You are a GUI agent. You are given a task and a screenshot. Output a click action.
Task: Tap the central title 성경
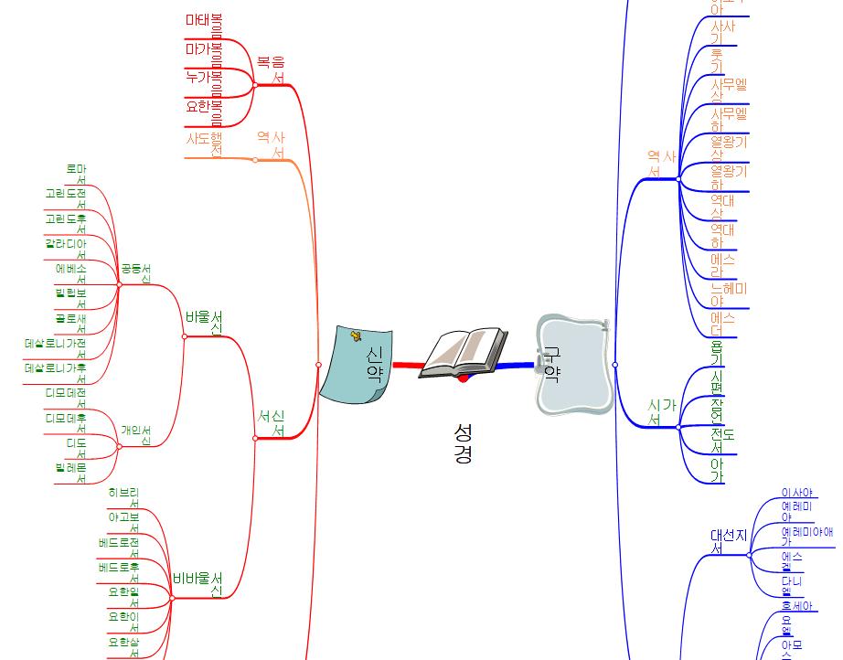(463, 442)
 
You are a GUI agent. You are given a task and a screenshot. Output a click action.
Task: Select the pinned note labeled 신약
(361, 363)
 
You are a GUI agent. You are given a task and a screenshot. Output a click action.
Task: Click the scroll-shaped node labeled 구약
(572, 364)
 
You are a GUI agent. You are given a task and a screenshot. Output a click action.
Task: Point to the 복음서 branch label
(271, 70)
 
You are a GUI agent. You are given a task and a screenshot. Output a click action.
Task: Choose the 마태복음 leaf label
(204, 20)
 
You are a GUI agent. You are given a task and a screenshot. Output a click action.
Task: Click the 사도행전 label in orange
(204, 144)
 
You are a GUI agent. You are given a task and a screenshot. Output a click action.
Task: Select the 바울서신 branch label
(204, 322)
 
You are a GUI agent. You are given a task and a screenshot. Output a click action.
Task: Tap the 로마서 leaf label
(76, 174)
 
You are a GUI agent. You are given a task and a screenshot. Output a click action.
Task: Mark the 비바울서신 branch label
(197, 583)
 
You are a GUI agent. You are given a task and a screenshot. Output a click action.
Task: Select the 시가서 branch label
(661, 410)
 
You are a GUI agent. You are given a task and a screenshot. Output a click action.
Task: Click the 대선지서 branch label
(729, 540)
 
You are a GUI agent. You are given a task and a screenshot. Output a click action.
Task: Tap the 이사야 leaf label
(797, 494)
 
